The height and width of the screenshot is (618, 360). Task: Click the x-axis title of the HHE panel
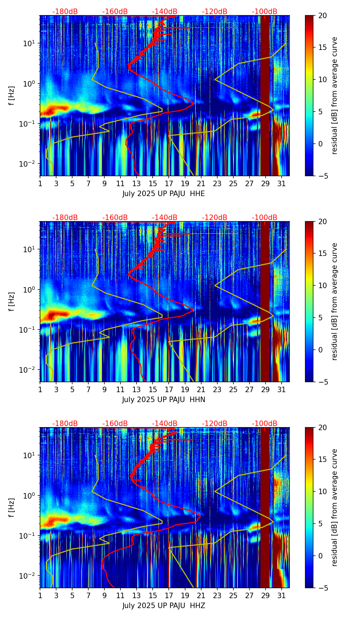click(x=164, y=194)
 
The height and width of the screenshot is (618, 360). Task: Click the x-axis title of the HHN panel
click(x=164, y=400)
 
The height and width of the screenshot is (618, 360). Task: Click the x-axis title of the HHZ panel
click(x=164, y=606)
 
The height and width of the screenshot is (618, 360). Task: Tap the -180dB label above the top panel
click(x=65, y=12)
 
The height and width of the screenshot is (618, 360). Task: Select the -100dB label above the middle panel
click(x=265, y=218)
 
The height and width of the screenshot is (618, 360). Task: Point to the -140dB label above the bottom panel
click(x=165, y=424)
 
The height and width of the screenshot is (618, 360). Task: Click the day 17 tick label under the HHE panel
click(x=169, y=183)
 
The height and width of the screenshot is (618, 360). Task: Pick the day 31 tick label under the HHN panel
click(x=281, y=389)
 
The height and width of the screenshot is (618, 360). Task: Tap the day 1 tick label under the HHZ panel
click(x=40, y=595)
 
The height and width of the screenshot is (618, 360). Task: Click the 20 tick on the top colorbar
click(x=322, y=15)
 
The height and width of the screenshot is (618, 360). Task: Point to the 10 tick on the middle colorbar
click(x=322, y=285)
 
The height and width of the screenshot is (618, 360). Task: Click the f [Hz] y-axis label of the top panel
click(x=12, y=96)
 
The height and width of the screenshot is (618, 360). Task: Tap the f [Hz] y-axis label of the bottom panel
click(x=12, y=508)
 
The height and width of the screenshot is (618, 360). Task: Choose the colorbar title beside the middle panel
click(x=335, y=301)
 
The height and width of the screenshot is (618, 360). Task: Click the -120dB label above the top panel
click(x=215, y=12)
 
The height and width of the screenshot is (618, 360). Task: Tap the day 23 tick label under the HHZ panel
click(x=217, y=595)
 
